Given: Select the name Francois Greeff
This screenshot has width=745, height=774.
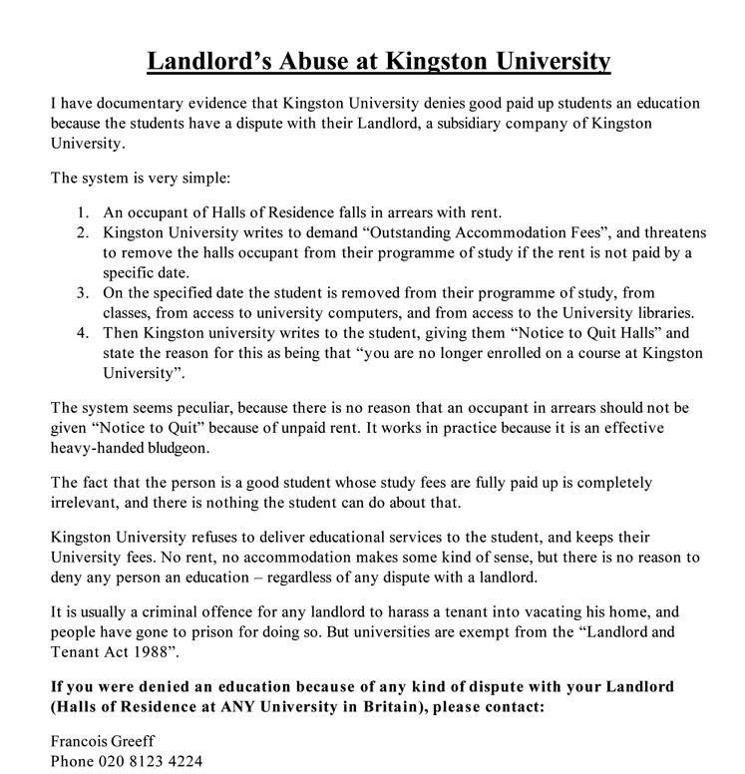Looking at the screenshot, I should click(104, 741).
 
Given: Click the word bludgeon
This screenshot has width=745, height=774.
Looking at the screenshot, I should click(170, 448).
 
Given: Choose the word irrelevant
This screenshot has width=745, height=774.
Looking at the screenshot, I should click(89, 501).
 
